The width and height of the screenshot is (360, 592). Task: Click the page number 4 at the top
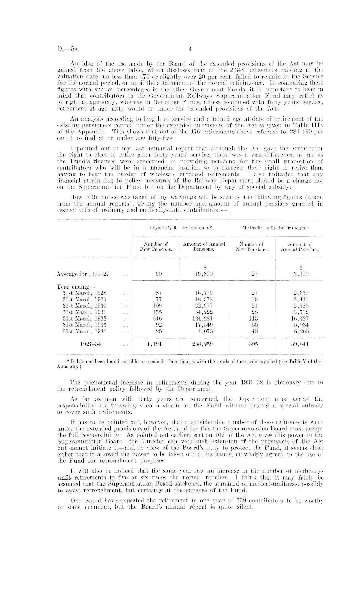pos(190,49)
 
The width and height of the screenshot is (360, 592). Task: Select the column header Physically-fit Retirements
pos(180,228)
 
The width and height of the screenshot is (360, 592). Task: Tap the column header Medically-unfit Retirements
pos(276,228)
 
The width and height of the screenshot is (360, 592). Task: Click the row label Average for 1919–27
pos(83,274)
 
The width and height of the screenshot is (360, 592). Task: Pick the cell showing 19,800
pos(204,274)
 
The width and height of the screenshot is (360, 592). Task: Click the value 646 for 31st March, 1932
pos(156,318)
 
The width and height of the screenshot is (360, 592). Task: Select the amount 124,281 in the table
pos(203,318)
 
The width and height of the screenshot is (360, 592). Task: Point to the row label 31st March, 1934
pos(84,331)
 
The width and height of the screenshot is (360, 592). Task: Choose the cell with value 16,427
pos(300,318)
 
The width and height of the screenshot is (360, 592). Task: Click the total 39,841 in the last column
pos(300,344)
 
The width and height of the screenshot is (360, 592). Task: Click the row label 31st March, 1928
pos(84,293)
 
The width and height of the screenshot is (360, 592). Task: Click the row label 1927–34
pos(90,344)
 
